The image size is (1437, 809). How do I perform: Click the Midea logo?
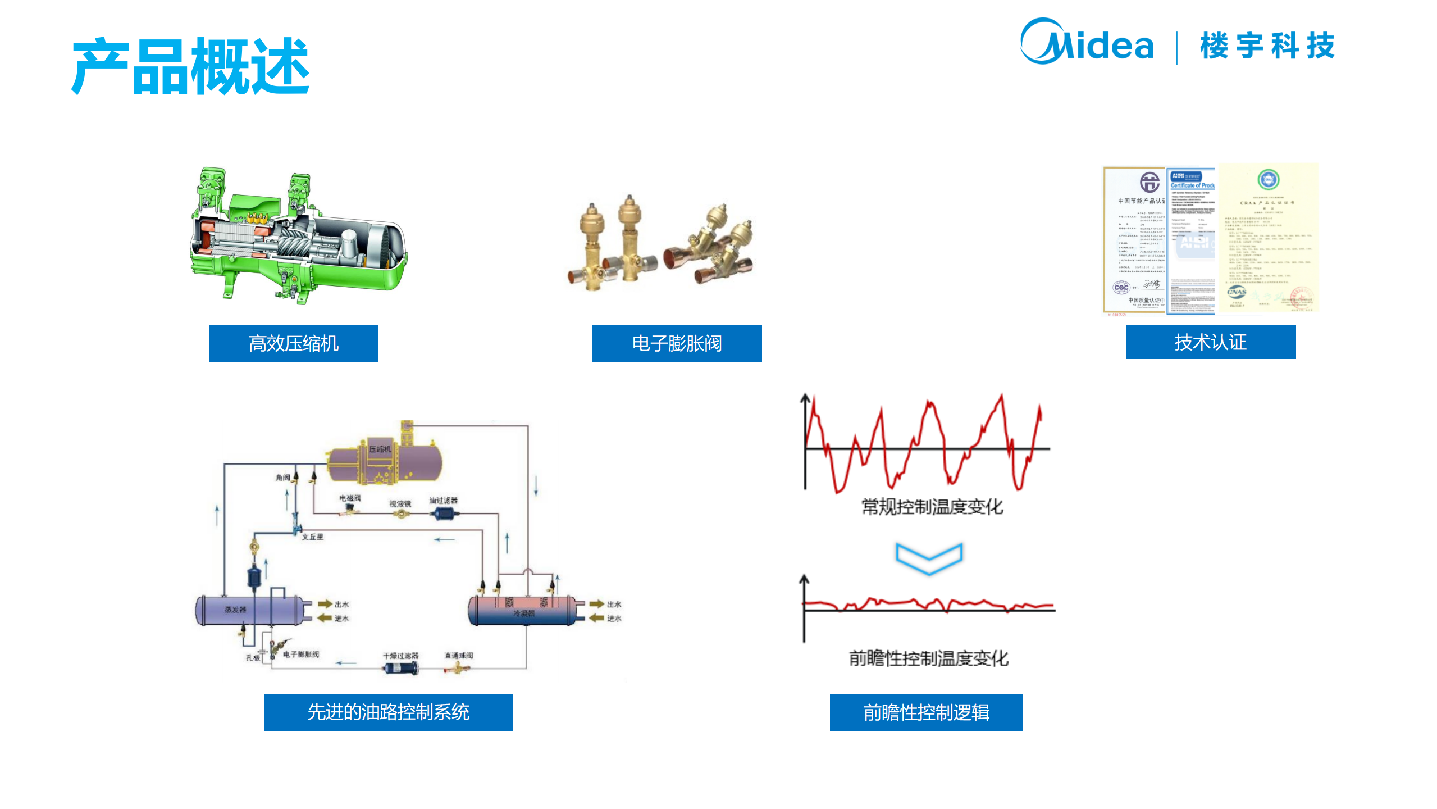[x=1086, y=42]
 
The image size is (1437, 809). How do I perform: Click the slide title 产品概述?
[x=191, y=66]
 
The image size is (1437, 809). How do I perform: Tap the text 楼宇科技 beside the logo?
[x=1267, y=46]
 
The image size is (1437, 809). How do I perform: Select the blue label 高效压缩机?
[x=293, y=343]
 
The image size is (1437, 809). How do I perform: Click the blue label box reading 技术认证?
[x=1210, y=342]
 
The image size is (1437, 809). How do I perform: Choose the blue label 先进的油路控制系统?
[x=388, y=712]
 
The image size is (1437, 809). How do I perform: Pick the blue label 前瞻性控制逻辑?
[x=925, y=712]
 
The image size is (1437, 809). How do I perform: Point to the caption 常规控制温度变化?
[x=932, y=507]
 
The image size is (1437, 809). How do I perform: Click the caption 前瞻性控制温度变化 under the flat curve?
[x=928, y=658]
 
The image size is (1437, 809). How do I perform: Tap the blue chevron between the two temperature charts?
[x=929, y=557]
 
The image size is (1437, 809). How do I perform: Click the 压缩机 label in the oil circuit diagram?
[x=380, y=449]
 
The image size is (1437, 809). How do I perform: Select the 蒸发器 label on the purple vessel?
[x=235, y=610]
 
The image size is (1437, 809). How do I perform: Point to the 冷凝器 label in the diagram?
[x=523, y=613]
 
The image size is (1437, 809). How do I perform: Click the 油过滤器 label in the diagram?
[x=443, y=500]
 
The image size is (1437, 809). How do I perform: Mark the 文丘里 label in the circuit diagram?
[x=312, y=537]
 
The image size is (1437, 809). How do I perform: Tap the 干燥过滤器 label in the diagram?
[x=400, y=656]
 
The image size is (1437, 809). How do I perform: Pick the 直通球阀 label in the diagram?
[x=458, y=656]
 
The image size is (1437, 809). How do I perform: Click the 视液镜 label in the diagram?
[x=400, y=504]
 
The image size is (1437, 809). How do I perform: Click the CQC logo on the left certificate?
[x=1121, y=288]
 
